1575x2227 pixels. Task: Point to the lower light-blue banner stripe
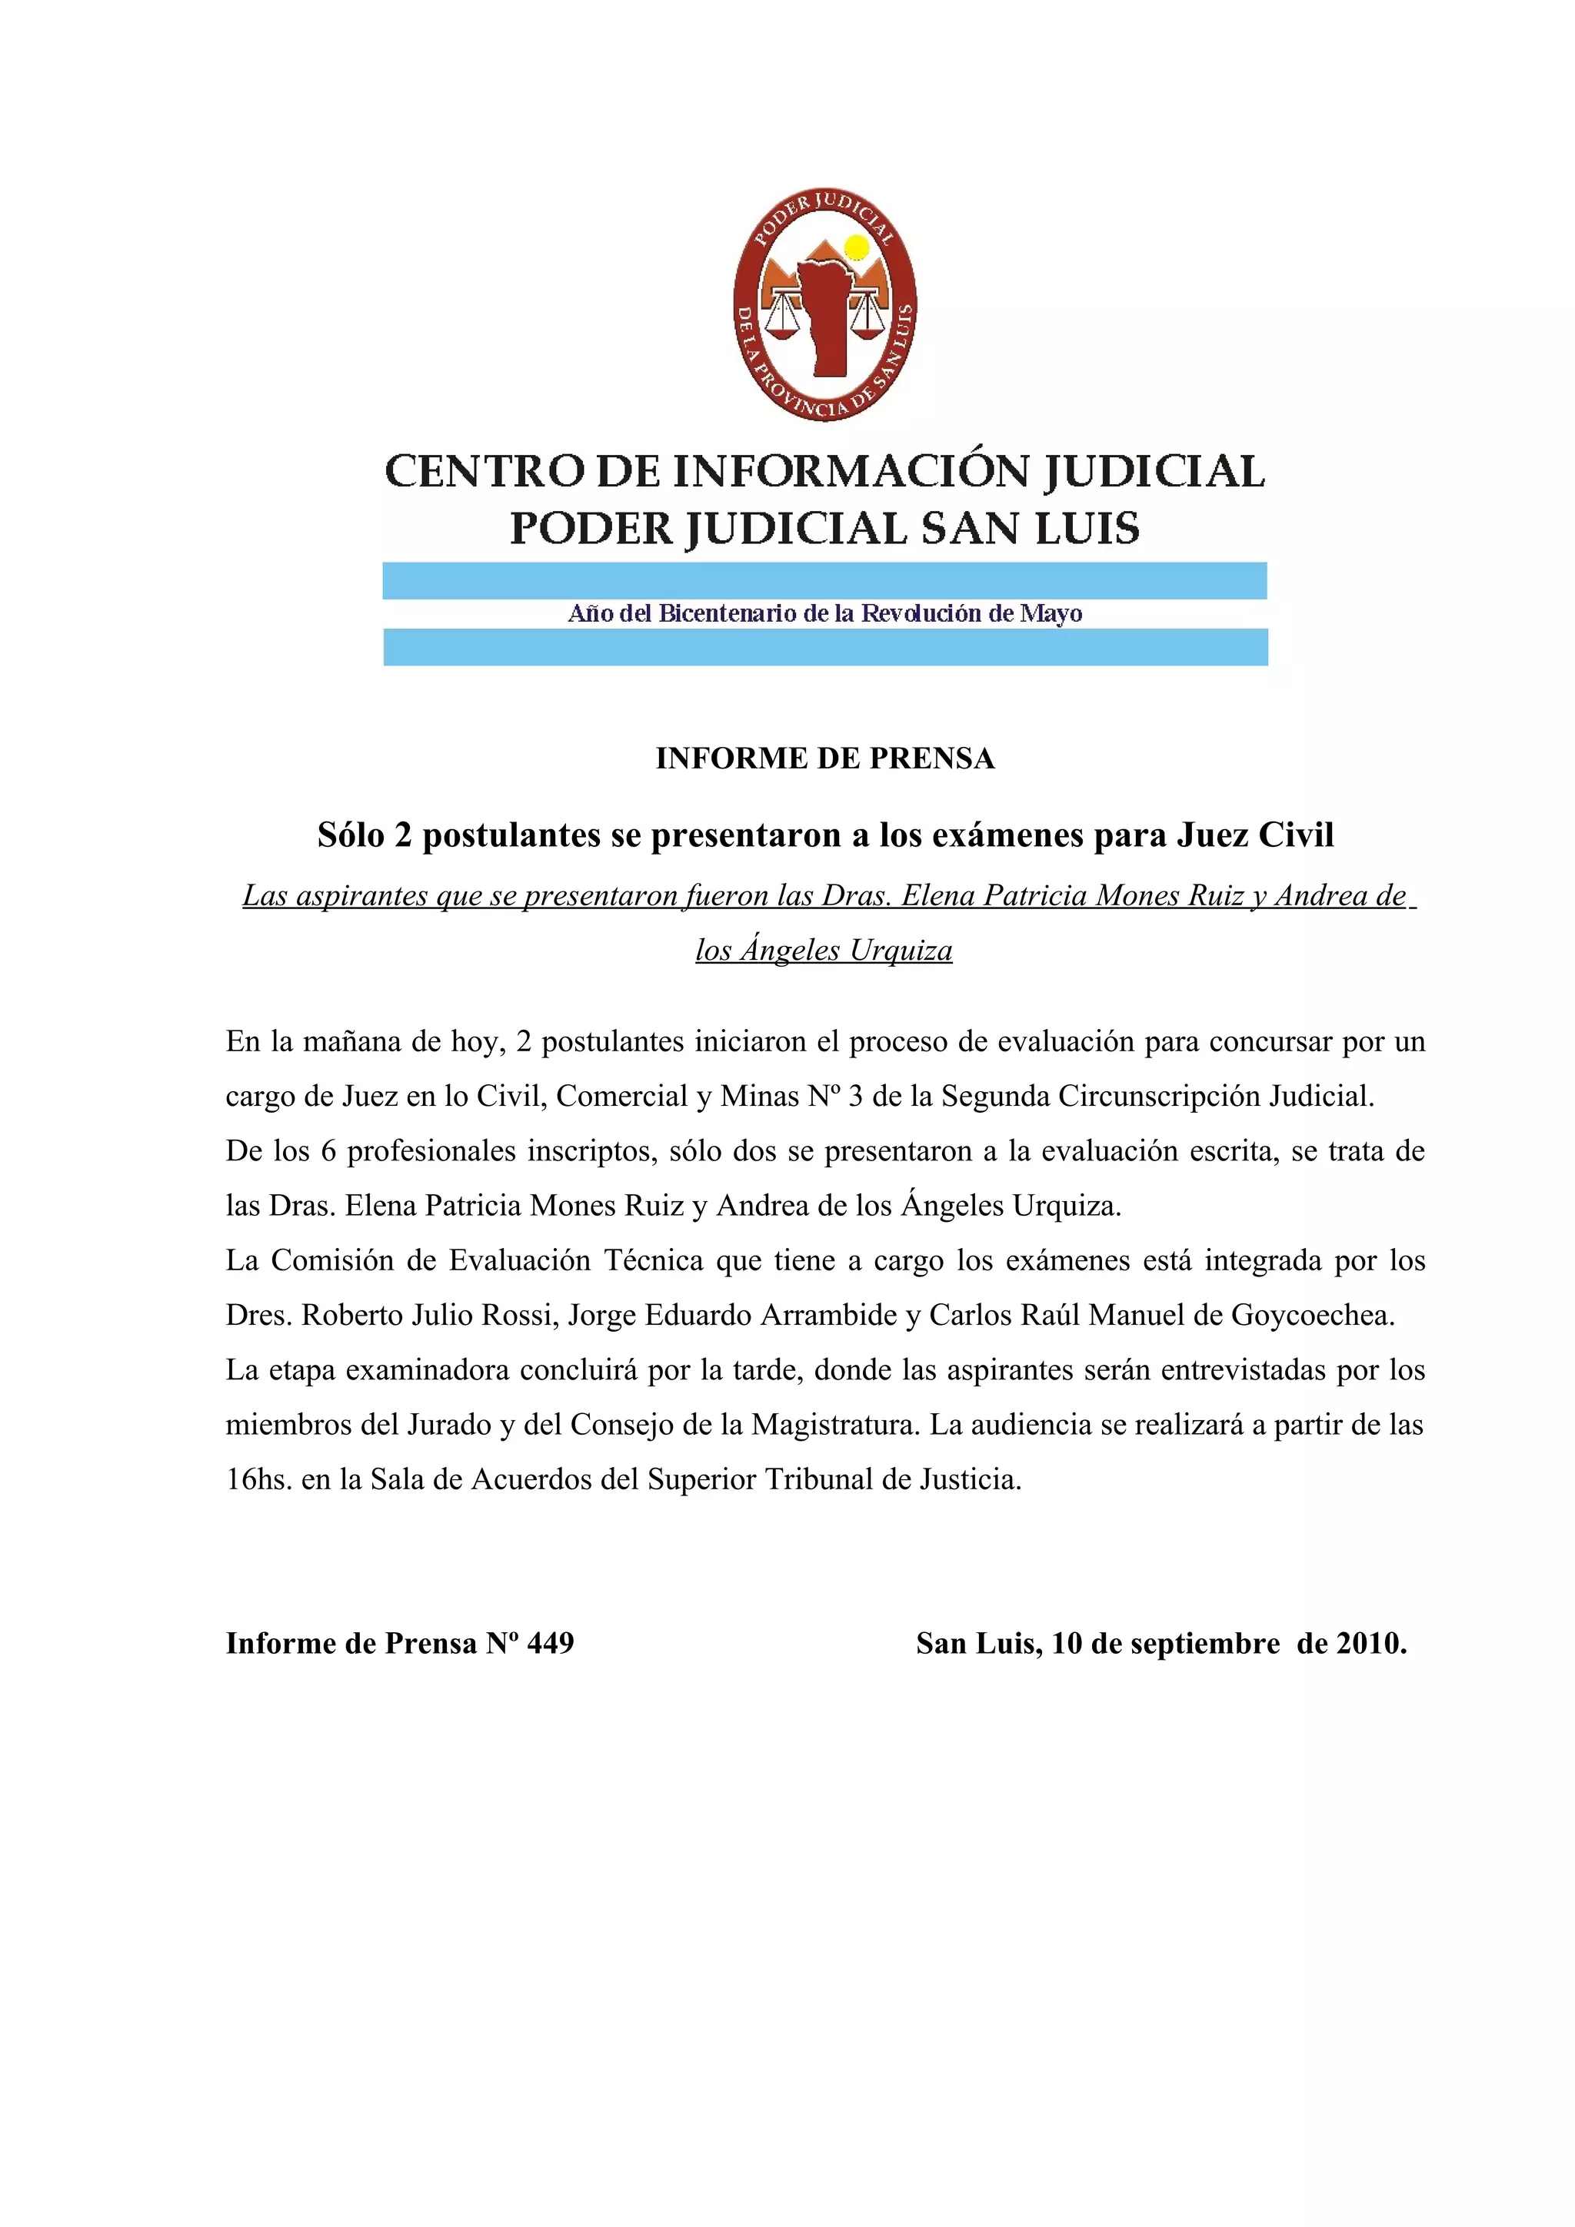(x=825, y=647)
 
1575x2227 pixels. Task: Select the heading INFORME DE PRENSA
(x=825, y=758)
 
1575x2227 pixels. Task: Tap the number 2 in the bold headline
(x=403, y=835)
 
